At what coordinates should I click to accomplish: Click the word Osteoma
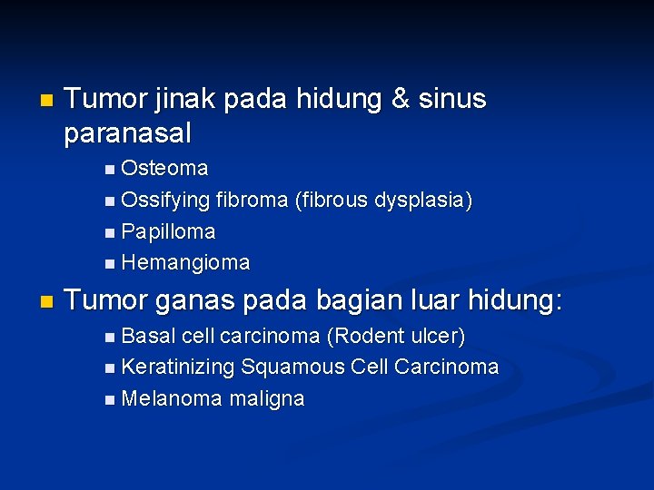[x=164, y=169]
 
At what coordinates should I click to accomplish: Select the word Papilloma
[x=168, y=231]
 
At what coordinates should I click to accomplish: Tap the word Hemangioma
[x=185, y=263]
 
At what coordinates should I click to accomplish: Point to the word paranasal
[x=128, y=134]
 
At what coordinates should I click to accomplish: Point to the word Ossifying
[x=165, y=201]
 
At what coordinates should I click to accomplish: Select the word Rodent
[x=365, y=337]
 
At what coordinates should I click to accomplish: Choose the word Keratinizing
[x=178, y=367]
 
